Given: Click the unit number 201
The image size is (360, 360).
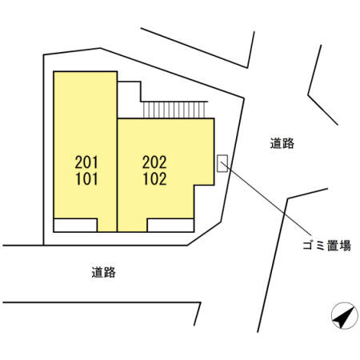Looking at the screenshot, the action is [x=86, y=162].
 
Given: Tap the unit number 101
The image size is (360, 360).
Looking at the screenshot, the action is [x=86, y=179].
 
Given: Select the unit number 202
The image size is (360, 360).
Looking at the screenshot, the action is [x=154, y=162].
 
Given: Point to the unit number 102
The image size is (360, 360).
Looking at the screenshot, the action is [x=154, y=179].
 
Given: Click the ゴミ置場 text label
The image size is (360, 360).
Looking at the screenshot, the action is [x=326, y=246].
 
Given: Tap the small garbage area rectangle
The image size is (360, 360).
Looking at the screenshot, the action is [x=222, y=163].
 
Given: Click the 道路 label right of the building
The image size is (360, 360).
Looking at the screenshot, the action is [x=282, y=143].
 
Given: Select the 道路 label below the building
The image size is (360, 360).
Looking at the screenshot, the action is [x=103, y=272].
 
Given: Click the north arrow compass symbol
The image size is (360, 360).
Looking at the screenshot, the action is [x=345, y=316].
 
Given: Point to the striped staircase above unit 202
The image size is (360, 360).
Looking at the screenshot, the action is [x=174, y=110].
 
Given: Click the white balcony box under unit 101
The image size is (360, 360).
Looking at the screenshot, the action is [x=75, y=226].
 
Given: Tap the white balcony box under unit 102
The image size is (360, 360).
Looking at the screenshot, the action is [x=170, y=226].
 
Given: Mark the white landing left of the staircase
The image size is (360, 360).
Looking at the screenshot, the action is [x=129, y=99].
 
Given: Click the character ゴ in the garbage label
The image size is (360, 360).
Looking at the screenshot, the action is [x=309, y=246].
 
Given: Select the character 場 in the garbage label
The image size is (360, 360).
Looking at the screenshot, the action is [x=346, y=246].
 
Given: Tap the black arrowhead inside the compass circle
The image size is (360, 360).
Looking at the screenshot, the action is [x=344, y=317].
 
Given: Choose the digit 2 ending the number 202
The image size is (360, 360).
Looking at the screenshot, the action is [x=162, y=162].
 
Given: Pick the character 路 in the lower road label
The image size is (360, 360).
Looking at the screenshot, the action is [x=110, y=272].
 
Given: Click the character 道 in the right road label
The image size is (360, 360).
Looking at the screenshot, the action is [x=276, y=143].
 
